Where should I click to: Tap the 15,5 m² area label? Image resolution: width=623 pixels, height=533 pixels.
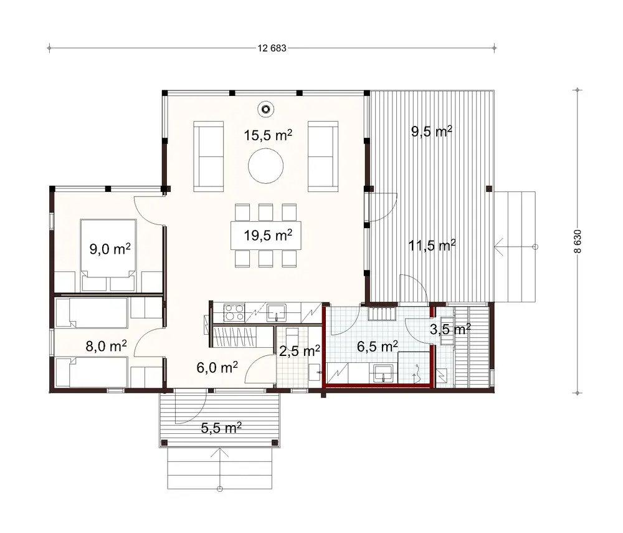tap(268, 137)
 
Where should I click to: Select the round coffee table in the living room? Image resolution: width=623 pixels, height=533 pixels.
tap(266, 166)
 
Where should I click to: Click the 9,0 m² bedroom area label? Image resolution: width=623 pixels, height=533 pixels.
tap(109, 249)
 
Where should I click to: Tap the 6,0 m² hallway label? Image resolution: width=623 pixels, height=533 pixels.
tap(217, 367)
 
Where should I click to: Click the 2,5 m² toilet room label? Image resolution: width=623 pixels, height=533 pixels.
tap(300, 351)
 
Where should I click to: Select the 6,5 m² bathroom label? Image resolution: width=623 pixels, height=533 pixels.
tap(378, 345)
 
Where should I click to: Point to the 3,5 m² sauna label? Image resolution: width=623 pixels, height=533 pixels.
tap(450, 329)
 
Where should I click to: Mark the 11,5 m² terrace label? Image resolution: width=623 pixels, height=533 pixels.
tap(431, 246)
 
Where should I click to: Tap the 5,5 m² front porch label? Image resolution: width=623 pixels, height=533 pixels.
tap(221, 428)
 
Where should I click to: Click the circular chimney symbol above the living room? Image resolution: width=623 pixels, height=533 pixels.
tap(266, 109)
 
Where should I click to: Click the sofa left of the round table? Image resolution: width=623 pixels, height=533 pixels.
tap(210, 155)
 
